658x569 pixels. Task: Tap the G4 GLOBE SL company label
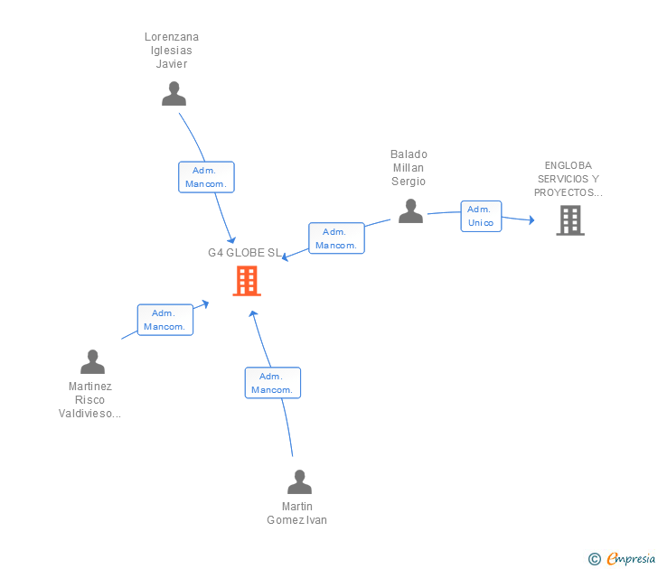pos(245,253)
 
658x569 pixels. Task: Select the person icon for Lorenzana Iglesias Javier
pos(174,93)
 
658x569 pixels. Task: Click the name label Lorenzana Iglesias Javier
pos(172,51)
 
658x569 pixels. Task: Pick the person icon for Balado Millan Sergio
pos(410,210)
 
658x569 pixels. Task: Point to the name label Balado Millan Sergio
pos(409,168)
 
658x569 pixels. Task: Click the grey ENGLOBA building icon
pos(569,219)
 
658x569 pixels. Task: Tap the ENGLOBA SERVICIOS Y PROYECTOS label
pos(568,179)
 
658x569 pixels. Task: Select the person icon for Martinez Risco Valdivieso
pos(92,361)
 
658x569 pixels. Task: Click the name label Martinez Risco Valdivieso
pos(89,400)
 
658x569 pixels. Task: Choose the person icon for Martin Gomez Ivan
pos(299,481)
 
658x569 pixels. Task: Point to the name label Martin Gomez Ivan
pos(297,513)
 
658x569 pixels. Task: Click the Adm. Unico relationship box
pos(481,216)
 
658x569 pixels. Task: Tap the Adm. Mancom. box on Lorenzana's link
pos(206,177)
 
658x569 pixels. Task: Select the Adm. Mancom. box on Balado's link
pos(336,238)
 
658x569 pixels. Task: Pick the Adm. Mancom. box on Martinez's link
pos(164,320)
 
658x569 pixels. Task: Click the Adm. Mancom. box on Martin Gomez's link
pos(272,383)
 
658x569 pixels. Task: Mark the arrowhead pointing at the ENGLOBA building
pos(531,219)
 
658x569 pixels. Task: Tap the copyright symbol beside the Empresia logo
pos(595,559)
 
